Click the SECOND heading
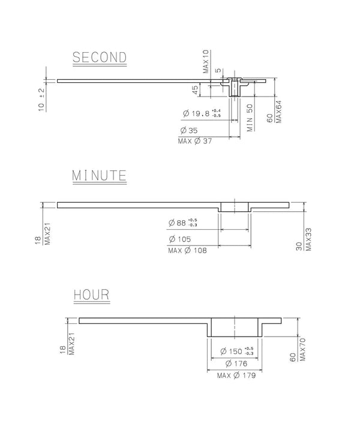click(100, 58)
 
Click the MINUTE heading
click(99, 176)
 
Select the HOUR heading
click(91, 295)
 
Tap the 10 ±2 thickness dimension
click(41, 99)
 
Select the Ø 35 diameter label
click(189, 130)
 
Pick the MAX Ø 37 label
click(196, 141)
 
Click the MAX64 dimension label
click(278, 111)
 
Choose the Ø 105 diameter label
click(187, 239)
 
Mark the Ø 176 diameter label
click(236, 364)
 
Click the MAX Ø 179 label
click(236, 376)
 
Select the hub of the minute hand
click(235, 206)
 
